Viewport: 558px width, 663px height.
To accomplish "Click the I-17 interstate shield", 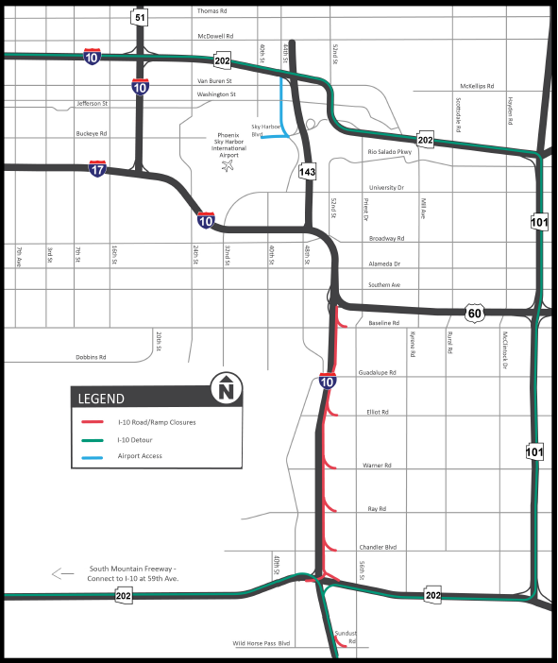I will pyautogui.click(x=98, y=169).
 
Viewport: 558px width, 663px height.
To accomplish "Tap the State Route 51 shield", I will pyautogui.click(x=140, y=17).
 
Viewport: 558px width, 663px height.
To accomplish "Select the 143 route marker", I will pyautogui.click(x=308, y=171).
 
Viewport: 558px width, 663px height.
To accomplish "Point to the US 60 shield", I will pyautogui.click(x=475, y=312).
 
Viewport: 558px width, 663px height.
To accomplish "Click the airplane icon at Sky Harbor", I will pyautogui.click(x=227, y=167).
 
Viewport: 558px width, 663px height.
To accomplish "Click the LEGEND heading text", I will pyautogui.click(x=101, y=399).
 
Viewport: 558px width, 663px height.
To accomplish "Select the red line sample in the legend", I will pyautogui.click(x=93, y=422).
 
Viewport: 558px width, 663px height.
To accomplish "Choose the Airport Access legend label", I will pyautogui.click(x=140, y=456).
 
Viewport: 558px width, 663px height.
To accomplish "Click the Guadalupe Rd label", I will pyautogui.click(x=378, y=373).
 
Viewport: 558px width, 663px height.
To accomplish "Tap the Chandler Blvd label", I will pyautogui.click(x=378, y=547).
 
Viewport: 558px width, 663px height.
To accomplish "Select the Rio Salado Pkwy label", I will pyautogui.click(x=390, y=151).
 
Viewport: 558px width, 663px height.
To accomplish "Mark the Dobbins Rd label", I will pyautogui.click(x=92, y=358).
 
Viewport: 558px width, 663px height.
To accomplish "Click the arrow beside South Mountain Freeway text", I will pyautogui.click(x=63, y=572).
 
